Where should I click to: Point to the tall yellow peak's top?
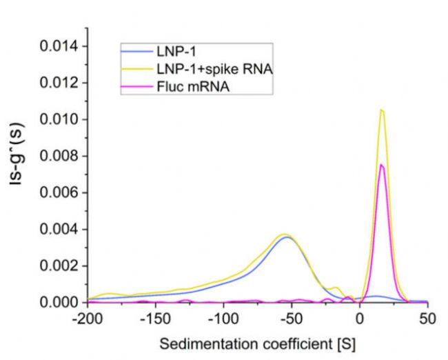tap(381, 109)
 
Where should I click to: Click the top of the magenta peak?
tap(381, 164)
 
